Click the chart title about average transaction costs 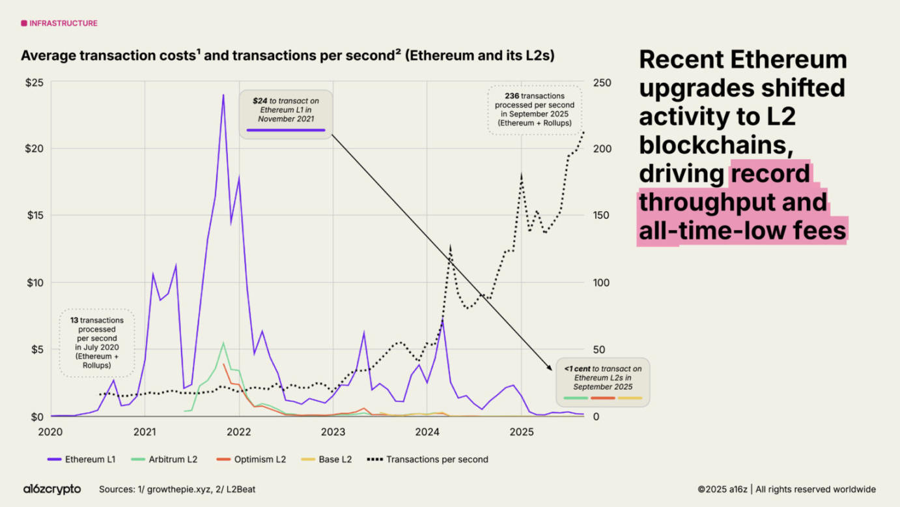[x=287, y=56]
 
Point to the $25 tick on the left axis [x=35, y=82]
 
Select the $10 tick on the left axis [x=35, y=283]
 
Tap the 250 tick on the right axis [x=602, y=82]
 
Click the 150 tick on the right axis [x=602, y=216]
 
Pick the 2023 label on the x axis [x=333, y=431]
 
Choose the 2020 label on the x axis [x=51, y=431]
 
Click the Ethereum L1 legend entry [x=81, y=459]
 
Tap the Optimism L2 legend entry [x=251, y=459]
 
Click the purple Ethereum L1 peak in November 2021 [x=223, y=96]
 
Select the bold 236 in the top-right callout [x=512, y=96]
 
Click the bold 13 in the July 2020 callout [x=74, y=321]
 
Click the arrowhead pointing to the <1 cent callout [x=551, y=368]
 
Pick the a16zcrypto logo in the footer [x=52, y=489]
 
